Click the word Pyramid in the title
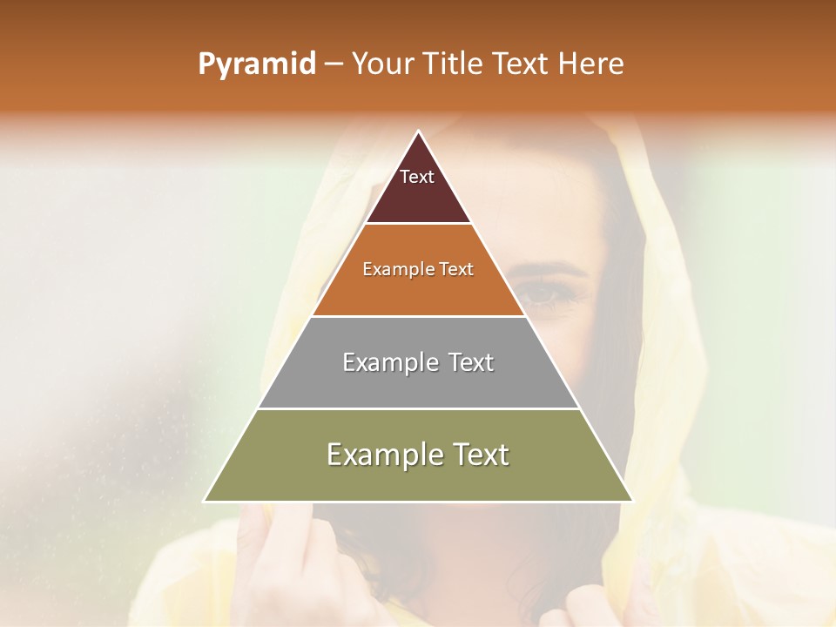coord(256,64)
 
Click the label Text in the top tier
coord(417,177)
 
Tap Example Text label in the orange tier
coord(418,269)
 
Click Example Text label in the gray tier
coord(418,362)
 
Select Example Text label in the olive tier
coord(418,455)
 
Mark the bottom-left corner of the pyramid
coord(206,501)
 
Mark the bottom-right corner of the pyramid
coord(632,501)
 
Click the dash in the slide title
coord(334,64)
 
